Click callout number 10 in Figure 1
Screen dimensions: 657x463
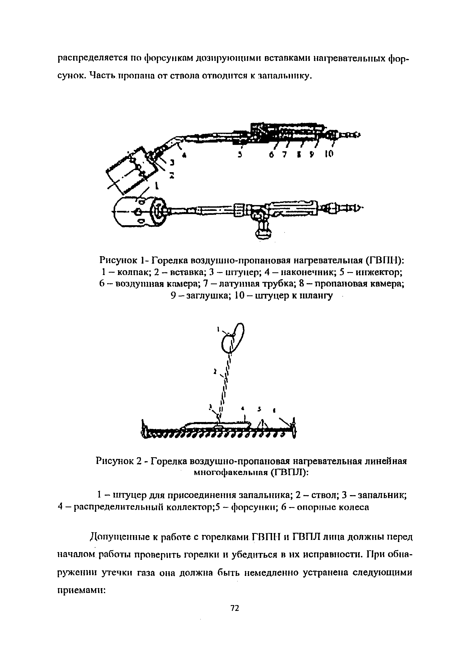pyautogui.click(x=329, y=154)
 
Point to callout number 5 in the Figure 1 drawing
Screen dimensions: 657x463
pyautogui.click(x=240, y=155)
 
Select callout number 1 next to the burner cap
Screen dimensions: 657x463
pyautogui.click(x=157, y=186)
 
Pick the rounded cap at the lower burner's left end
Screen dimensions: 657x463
pyautogui.click(x=129, y=212)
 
